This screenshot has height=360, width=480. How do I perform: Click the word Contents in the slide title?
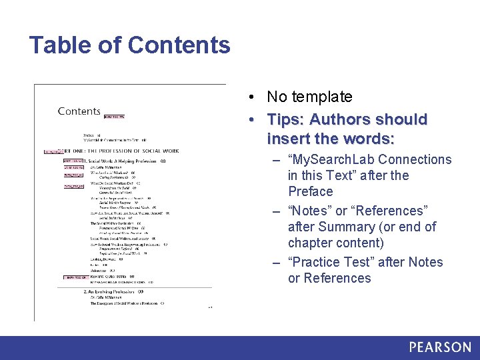pos(179,45)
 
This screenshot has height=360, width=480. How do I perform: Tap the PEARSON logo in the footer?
pos(439,347)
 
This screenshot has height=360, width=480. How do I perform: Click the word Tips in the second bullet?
pos(284,119)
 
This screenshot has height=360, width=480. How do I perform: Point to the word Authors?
pos(340,119)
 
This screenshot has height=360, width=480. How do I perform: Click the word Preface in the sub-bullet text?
pos(310,191)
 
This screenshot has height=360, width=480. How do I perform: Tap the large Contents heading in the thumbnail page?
pos(79,111)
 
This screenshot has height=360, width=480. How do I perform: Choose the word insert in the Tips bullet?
pos(286,139)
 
